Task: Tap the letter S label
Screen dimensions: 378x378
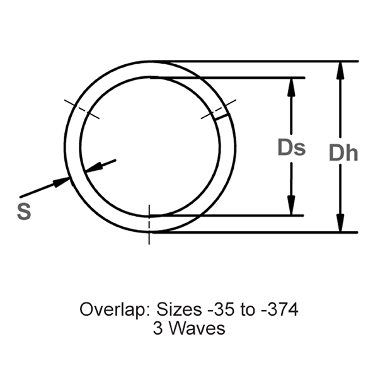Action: (23, 212)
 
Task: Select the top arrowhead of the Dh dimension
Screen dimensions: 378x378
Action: (341, 70)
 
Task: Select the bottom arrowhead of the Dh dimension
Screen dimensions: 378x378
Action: (341, 224)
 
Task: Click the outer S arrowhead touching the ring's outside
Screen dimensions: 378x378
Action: (62, 181)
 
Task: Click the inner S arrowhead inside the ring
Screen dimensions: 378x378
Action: (93, 168)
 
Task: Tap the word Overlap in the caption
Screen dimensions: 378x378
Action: (106, 310)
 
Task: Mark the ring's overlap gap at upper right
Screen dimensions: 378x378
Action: (221, 114)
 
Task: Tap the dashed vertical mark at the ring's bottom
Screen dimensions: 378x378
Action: (149, 224)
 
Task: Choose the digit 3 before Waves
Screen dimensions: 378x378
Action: (157, 328)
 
